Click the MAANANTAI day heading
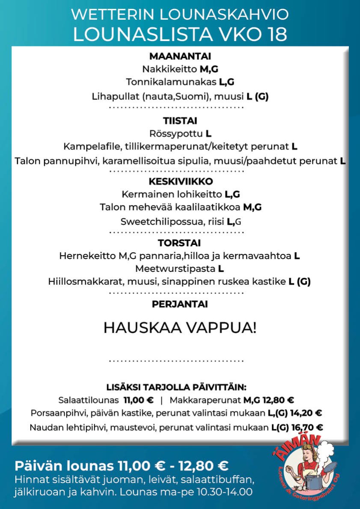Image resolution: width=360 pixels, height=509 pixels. tap(180, 56)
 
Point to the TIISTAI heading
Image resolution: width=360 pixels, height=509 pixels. tap(180, 121)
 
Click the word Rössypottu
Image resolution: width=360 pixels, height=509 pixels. tap(176, 134)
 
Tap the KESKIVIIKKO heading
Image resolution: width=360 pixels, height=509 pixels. tap(180, 182)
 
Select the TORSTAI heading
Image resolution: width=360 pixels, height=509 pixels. tap(180, 243)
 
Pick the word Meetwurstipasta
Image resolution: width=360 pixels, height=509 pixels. tap(175, 269)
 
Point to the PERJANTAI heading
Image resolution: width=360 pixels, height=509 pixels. tap(180, 304)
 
